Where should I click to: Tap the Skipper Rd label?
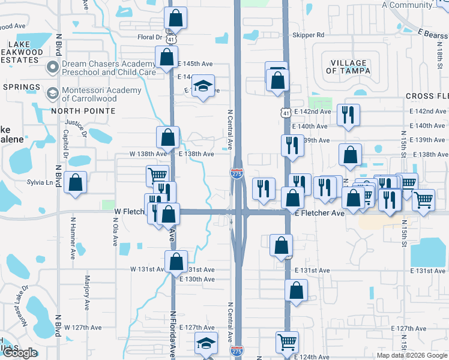click(x=308, y=35)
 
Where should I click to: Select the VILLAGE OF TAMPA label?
click(x=348, y=67)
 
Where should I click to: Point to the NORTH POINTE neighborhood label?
click(x=83, y=111)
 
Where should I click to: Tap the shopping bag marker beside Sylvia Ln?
click(x=75, y=184)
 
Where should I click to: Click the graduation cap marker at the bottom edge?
click(x=205, y=344)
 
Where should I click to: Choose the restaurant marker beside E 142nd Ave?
click(x=348, y=115)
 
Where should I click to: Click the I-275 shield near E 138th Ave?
click(x=237, y=173)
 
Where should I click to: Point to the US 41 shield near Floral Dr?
click(x=172, y=37)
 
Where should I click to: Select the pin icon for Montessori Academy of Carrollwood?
click(x=52, y=94)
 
